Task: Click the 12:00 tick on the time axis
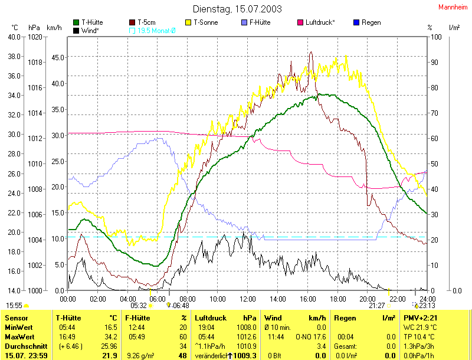tap(247, 299)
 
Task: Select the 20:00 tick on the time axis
tap(367, 299)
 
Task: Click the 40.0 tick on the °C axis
tap(14, 37)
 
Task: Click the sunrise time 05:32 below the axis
tap(139, 306)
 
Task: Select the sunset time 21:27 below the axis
tap(377, 306)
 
